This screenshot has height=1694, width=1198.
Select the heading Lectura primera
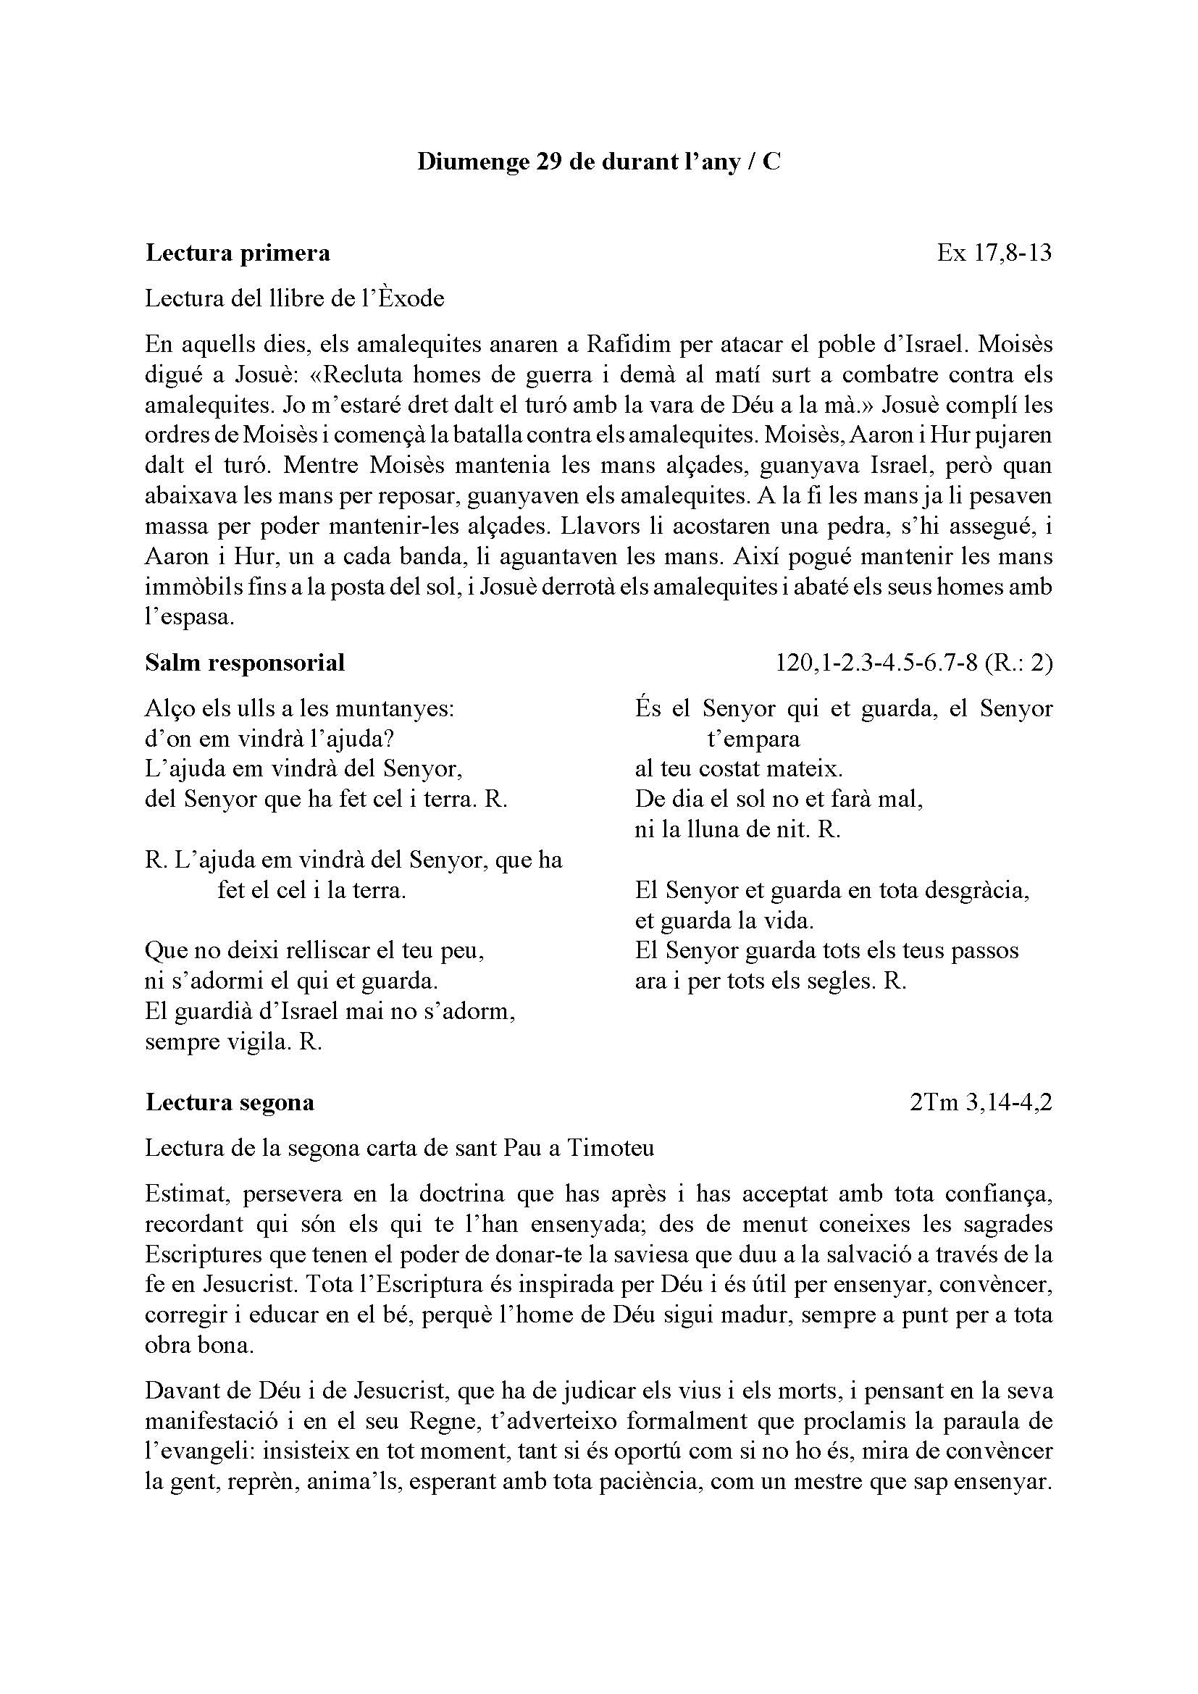(x=238, y=253)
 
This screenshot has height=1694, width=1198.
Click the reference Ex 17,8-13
(x=994, y=253)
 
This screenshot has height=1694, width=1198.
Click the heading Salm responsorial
(x=245, y=663)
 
